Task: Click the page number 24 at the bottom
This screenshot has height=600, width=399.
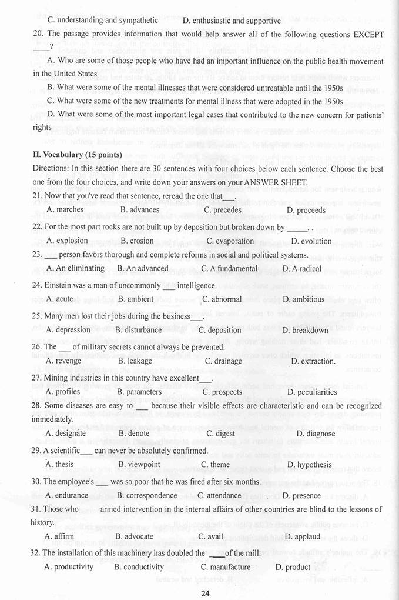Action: point(204,592)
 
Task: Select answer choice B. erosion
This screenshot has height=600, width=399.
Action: point(137,241)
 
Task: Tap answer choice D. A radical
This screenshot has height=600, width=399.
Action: point(302,268)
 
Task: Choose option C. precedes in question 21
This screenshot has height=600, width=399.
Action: point(222,210)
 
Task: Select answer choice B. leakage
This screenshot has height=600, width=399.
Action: point(135,361)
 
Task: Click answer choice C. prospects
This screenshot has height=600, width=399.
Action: point(222,392)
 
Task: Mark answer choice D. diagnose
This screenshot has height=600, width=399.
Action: point(316,434)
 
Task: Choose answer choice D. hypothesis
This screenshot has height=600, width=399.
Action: point(310,464)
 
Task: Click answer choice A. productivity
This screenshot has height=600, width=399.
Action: point(69,567)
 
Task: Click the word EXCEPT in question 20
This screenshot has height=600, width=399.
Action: point(368,35)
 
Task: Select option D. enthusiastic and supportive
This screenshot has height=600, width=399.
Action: point(232,21)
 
